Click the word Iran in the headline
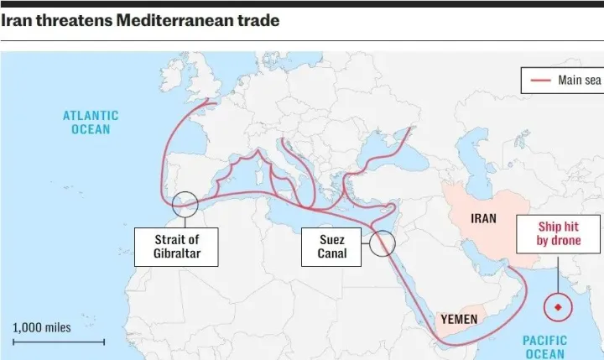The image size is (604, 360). pyautogui.click(x=15, y=19)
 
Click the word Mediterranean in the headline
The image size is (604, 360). pyautogui.click(x=174, y=19)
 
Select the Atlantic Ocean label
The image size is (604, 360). pyautogui.click(x=91, y=123)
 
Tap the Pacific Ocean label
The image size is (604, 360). pyautogui.click(x=544, y=347)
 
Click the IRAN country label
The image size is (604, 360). pyautogui.click(x=483, y=219)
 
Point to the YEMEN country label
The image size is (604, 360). pyautogui.click(x=459, y=320)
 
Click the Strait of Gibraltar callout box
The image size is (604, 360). pyautogui.click(x=176, y=247)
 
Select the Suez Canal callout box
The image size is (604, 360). pyautogui.click(x=331, y=247)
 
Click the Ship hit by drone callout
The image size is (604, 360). pyautogui.click(x=558, y=234)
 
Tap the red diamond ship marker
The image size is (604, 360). pyautogui.click(x=555, y=308)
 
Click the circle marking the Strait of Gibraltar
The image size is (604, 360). pyautogui.click(x=185, y=203)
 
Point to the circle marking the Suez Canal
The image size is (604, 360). pyautogui.click(x=382, y=243)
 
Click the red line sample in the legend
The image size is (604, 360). pyautogui.click(x=538, y=81)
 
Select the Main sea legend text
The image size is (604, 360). pyautogui.click(x=580, y=81)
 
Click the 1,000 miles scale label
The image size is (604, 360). pyautogui.click(x=42, y=327)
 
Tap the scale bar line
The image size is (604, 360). pyautogui.click(x=59, y=342)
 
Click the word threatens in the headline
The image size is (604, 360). pyautogui.click(x=72, y=19)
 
